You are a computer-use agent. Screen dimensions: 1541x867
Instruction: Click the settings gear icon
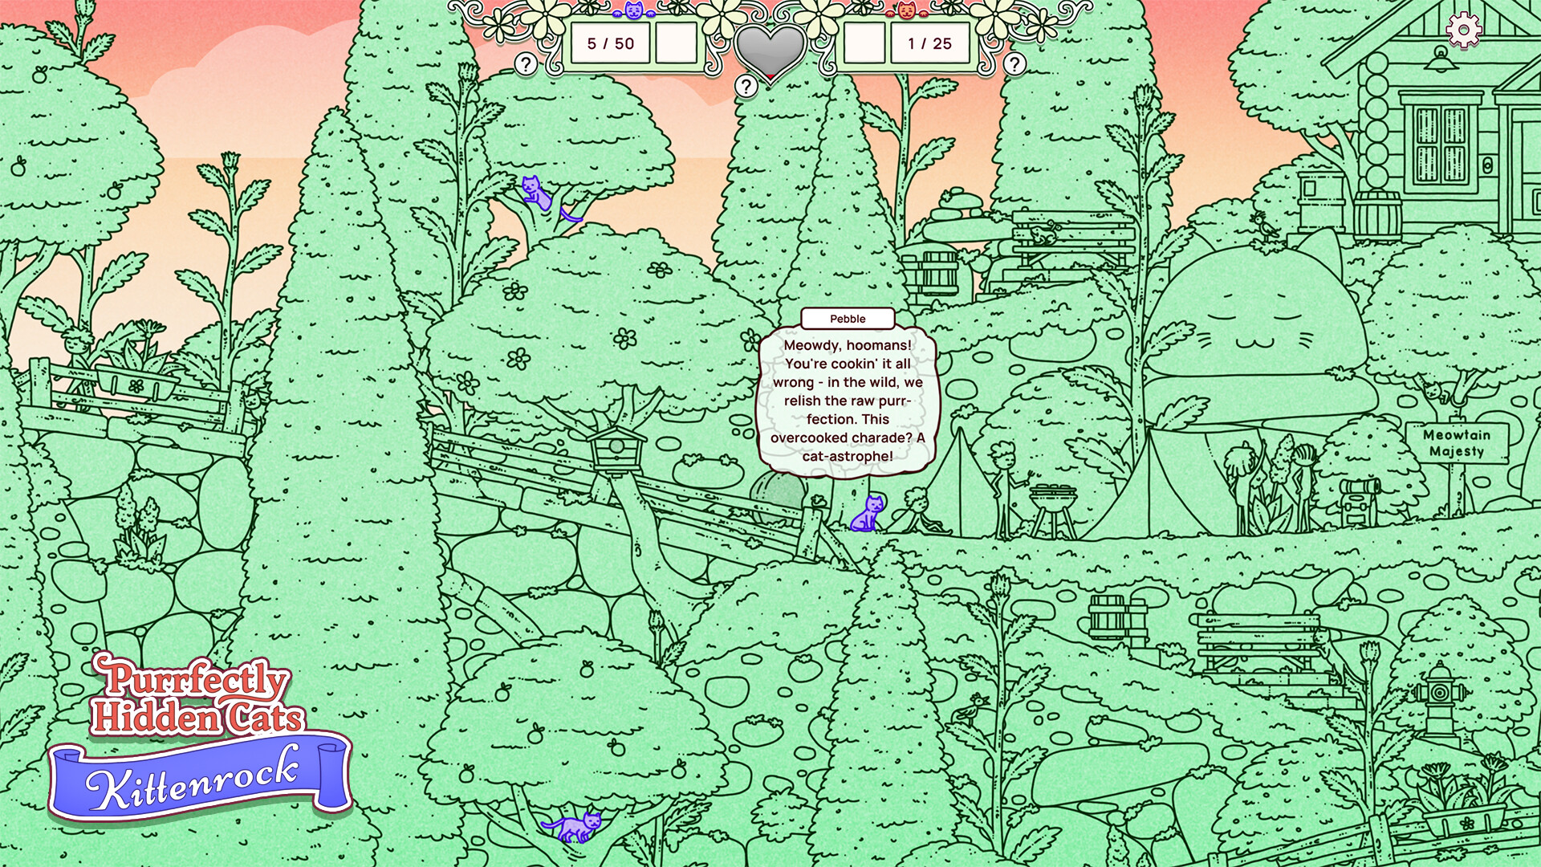click(x=1464, y=31)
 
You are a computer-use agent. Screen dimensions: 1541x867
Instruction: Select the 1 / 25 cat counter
click(x=929, y=43)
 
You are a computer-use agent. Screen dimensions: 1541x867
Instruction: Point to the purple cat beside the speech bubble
click(x=867, y=514)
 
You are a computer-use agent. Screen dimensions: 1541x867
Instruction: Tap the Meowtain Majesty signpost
click(x=1457, y=443)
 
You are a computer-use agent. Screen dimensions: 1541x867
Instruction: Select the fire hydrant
click(x=1441, y=699)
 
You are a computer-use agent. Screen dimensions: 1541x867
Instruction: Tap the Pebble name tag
click(x=848, y=319)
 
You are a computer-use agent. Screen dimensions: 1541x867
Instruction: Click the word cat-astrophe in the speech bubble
click(x=848, y=456)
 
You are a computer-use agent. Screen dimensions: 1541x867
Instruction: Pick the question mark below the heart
click(x=746, y=86)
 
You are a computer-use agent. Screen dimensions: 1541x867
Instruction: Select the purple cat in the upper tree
click(x=536, y=194)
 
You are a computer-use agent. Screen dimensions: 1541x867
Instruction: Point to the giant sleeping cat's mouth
click(x=1252, y=343)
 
